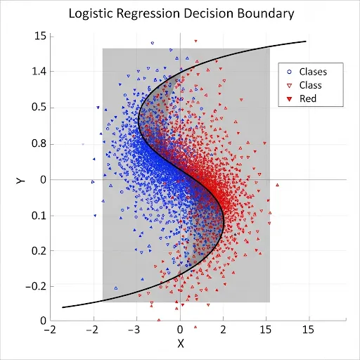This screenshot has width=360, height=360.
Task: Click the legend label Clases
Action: [313, 71]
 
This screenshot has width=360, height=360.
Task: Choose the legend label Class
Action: [311, 84]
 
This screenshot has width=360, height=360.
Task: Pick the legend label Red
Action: [308, 98]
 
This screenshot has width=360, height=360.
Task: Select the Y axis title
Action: [22, 180]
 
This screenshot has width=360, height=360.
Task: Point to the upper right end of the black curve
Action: [306, 41]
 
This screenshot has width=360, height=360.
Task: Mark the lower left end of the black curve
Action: [63, 307]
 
